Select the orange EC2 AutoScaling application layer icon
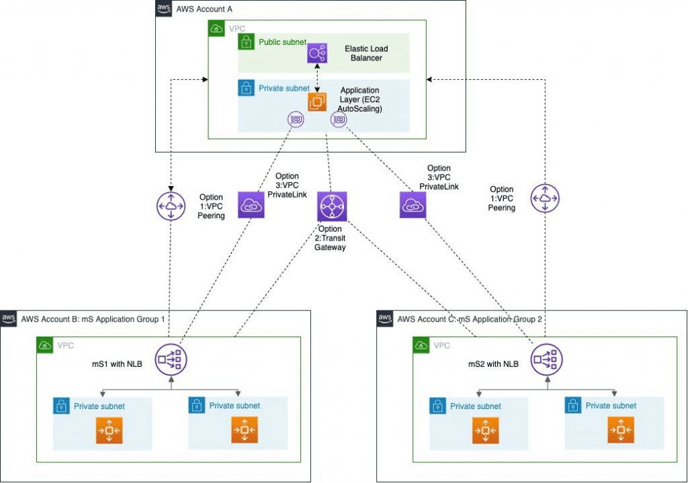317,101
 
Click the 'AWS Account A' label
204,9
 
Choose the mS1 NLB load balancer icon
171,360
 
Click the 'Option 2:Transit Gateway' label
331,238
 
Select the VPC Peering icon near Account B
171,205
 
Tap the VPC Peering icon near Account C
545,199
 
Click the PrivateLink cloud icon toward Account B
251,206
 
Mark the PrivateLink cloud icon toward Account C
413,206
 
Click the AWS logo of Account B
9,318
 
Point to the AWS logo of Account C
385,318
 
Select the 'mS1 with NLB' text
115,363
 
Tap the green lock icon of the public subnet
246,42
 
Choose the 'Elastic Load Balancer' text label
366,54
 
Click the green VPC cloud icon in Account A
216,29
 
